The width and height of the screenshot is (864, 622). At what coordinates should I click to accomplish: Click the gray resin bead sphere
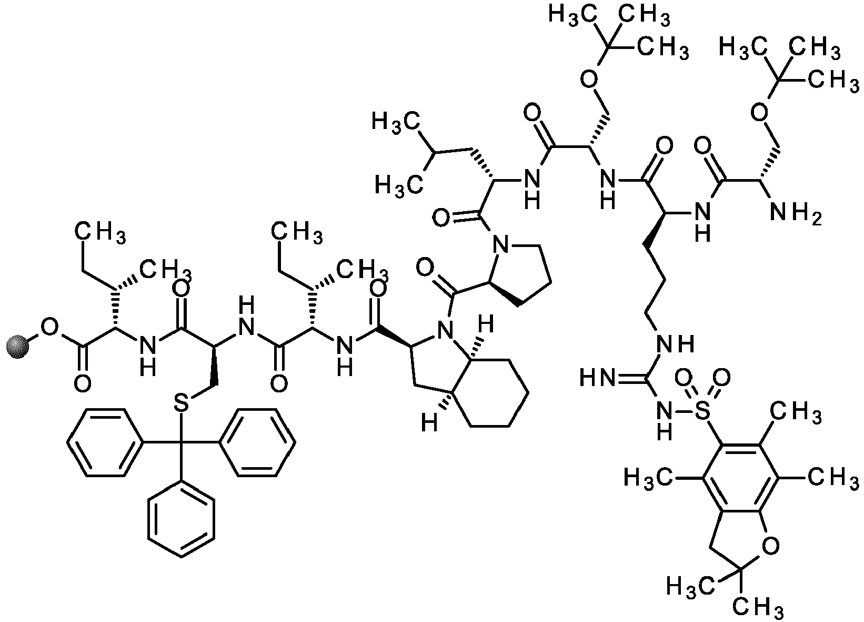(18, 348)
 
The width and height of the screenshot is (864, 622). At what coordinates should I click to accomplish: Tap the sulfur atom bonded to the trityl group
(182, 403)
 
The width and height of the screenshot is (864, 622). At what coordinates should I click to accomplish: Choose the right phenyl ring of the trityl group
(257, 442)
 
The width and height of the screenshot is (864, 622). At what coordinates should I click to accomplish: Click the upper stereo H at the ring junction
(486, 324)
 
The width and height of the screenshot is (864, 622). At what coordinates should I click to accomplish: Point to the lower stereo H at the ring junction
(429, 423)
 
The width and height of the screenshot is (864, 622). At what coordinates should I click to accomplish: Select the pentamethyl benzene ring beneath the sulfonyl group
(740, 479)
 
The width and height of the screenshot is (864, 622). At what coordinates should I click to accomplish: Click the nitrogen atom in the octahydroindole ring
(446, 330)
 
